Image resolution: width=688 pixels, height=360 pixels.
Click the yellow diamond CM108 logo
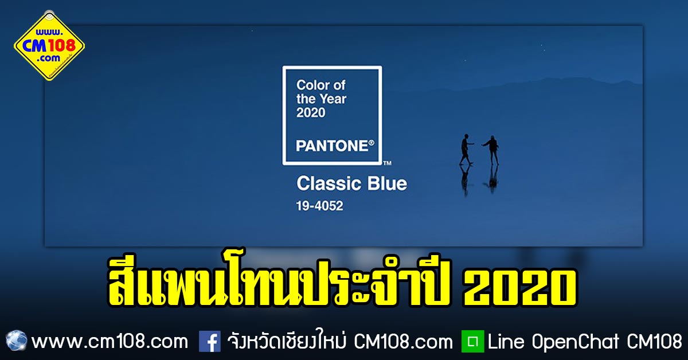click(49, 46)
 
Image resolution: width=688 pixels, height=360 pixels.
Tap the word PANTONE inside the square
click(332, 146)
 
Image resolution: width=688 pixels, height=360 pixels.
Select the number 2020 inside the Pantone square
click(311, 112)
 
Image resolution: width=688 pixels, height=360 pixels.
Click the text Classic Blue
click(351, 183)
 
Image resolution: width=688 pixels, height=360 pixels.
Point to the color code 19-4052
click(319, 206)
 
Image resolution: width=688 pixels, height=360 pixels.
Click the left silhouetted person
click(466, 149)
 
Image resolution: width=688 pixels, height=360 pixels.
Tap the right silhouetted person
click(492, 150)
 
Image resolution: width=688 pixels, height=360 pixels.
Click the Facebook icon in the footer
click(210, 341)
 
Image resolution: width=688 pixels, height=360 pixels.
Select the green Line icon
click(472, 341)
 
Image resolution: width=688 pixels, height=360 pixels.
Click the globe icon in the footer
click(16, 341)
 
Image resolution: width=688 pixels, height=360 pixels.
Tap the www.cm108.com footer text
click(110, 342)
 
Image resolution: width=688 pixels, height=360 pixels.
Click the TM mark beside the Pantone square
click(388, 163)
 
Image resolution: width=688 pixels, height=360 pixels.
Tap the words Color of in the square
click(320, 85)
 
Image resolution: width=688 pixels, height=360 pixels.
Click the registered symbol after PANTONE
click(372, 143)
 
